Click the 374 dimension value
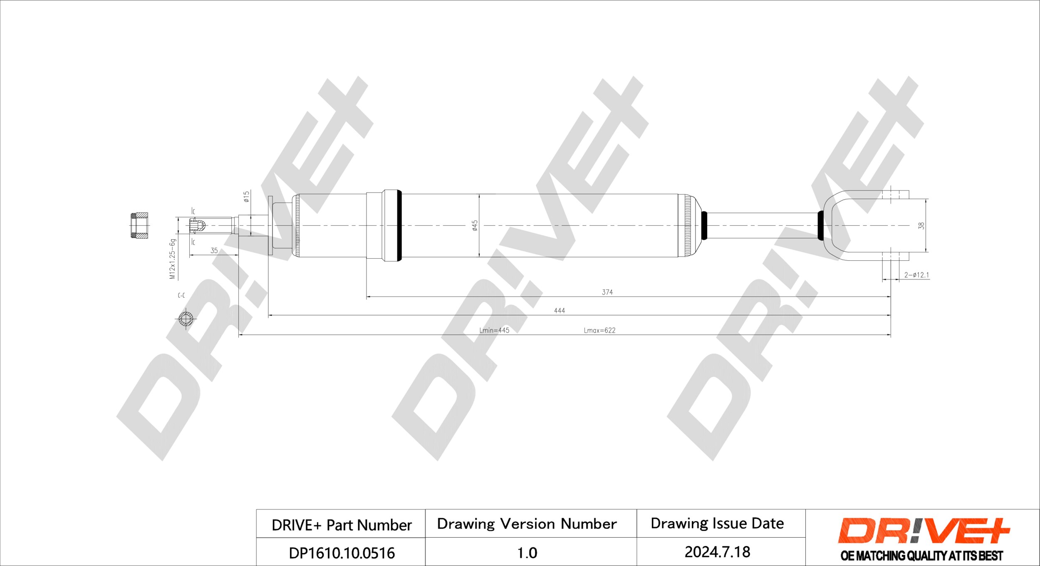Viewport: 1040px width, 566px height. pyautogui.click(x=607, y=292)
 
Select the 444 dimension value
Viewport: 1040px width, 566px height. pyautogui.click(x=559, y=310)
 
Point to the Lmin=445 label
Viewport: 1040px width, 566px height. pyautogui.click(x=494, y=330)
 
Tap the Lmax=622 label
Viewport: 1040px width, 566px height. pyautogui.click(x=599, y=330)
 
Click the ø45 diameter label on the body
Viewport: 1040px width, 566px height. pyautogui.click(x=475, y=225)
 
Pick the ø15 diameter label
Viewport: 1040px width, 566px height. pyautogui.click(x=246, y=196)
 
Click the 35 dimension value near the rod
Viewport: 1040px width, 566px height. pyautogui.click(x=214, y=250)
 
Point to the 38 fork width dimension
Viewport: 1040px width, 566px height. pyautogui.click(x=921, y=225)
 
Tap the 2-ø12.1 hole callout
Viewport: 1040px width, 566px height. pyautogui.click(x=916, y=275)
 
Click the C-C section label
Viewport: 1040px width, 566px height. pyautogui.click(x=181, y=295)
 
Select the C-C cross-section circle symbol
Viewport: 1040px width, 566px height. pyautogui.click(x=186, y=319)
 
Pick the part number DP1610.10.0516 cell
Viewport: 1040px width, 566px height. pyautogui.click(x=341, y=553)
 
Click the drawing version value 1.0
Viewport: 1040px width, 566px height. pyautogui.click(x=527, y=553)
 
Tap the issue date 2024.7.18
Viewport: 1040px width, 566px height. pyautogui.click(x=717, y=552)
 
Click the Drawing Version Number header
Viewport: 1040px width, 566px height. pyautogui.click(x=527, y=524)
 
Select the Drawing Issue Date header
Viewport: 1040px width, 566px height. pyautogui.click(x=717, y=523)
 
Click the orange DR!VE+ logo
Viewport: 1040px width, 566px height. pyautogui.click(x=923, y=531)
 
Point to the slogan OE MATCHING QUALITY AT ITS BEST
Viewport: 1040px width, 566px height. pyautogui.click(x=921, y=556)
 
